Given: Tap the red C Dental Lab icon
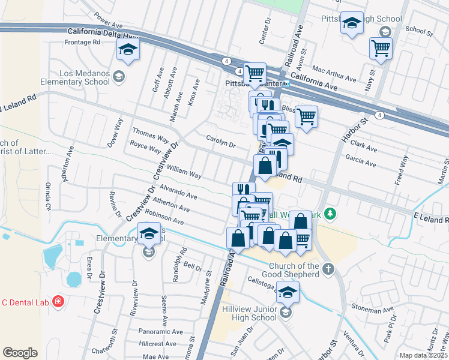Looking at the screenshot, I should [x=58, y=301].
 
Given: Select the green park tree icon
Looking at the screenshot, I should [x=329, y=214].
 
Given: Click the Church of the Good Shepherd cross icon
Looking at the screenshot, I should [x=328, y=269].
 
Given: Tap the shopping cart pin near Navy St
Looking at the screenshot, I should [x=381, y=49].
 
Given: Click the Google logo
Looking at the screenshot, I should [x=20, y=352].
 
